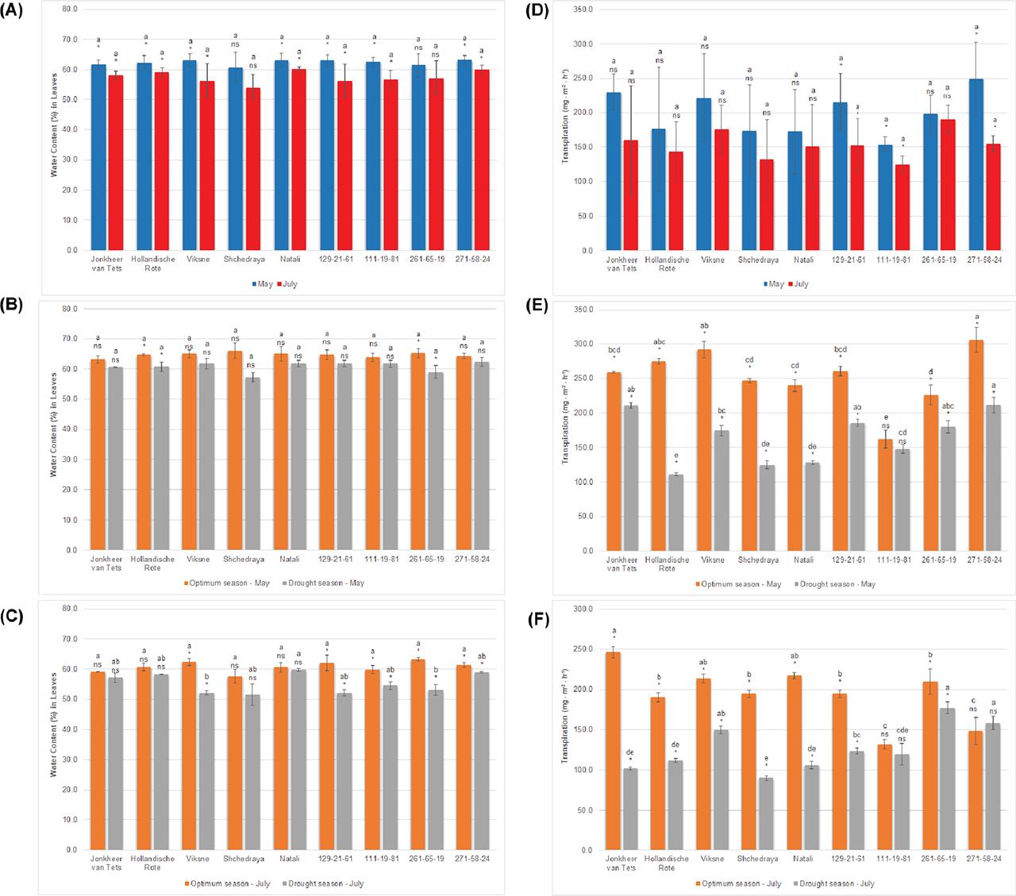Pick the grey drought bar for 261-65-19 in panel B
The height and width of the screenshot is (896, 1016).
pos(436,460)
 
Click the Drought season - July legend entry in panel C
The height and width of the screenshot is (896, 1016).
pos(324,883)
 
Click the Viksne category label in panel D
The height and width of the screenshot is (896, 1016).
pos(711,260)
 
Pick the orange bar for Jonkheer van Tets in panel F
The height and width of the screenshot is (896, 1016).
pos(613,750)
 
